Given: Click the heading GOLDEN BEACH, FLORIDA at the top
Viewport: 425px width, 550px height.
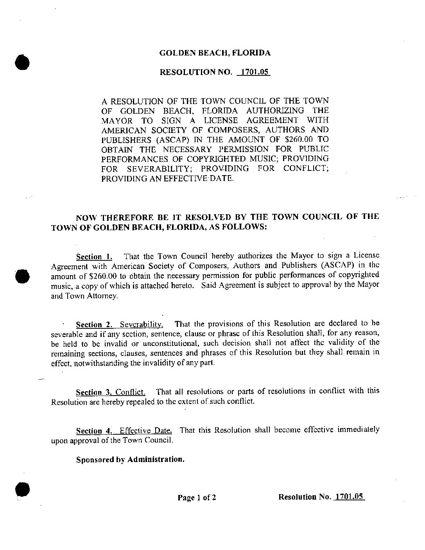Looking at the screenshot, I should pos(215,53).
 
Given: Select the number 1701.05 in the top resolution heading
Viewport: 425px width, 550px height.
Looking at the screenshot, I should pos(253,72).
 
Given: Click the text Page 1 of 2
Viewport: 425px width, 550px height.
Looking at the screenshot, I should pos(197,498).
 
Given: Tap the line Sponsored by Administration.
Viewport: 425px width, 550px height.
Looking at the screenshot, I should pos(130,459).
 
